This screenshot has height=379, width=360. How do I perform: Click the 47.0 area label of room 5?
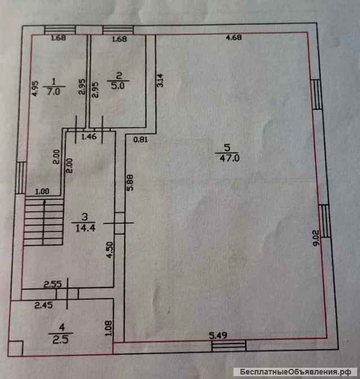click(x=227, y=159)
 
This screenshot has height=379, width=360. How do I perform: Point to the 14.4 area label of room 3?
click(x=83, y=228)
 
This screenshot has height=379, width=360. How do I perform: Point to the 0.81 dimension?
click(x=141, y=140)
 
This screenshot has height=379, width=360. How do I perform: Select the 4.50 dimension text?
click(x=111, y=250)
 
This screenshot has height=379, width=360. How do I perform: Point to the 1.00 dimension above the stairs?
click(x=42, y=191)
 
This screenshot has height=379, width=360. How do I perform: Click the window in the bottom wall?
click(x=228, y=345)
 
